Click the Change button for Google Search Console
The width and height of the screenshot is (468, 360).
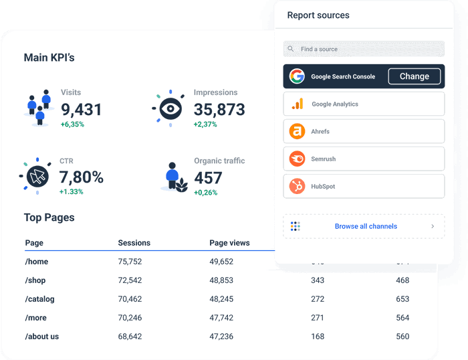(414, 76)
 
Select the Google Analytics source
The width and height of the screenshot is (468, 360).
(364, 104)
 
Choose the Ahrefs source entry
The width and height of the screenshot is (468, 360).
(364, 131)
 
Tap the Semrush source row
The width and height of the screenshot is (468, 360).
(364, 159)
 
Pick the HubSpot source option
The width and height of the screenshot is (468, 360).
(364, 187)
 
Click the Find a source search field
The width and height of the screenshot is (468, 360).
(364, 49)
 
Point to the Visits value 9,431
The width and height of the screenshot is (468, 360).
(82, 110)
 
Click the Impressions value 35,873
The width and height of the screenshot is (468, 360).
(219, 110)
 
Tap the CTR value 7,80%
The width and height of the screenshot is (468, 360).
(81, 177)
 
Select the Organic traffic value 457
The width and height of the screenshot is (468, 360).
(208, 178)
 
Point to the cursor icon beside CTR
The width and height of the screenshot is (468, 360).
(37, 177)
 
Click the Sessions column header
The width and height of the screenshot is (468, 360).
(134, 243)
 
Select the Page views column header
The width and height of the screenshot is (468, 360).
(229, 243)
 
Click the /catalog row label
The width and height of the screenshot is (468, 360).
(40, 299)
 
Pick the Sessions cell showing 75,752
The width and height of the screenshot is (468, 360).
(130, 262)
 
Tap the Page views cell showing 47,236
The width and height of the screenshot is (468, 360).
(221, 337)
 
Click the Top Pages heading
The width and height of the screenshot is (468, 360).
(49, 217)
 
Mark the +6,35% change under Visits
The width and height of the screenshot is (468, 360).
(72, 124)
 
